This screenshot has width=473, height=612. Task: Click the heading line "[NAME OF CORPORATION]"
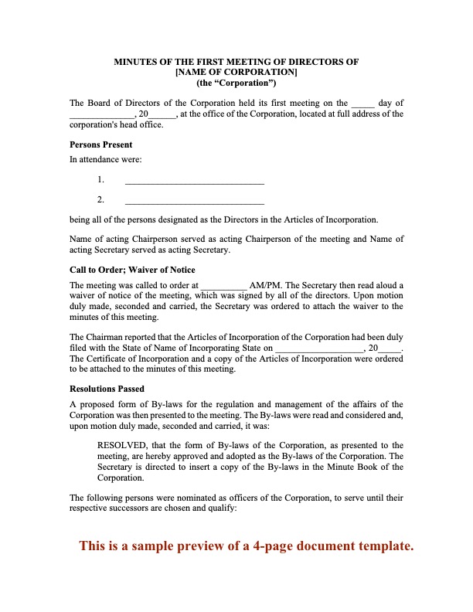click(x=236, y=72)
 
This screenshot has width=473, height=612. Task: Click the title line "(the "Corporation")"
click(x=236, y=83)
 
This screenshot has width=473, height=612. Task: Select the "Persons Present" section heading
click(x=100, y=144)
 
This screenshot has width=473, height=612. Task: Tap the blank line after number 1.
click(x=194, y=182)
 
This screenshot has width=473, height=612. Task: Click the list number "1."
click(x=100, y=179)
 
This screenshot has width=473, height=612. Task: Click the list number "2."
click(x=100, y=199)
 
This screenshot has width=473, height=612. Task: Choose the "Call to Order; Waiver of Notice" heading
click(x=132, y=270)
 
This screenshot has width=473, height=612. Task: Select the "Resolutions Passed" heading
click(x=107, y=389)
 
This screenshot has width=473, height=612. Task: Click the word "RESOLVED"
click(x=121, y=445)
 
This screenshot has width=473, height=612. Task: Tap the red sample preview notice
click(x=247, y=546)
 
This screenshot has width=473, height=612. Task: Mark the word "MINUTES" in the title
click(x=138, y=61)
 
